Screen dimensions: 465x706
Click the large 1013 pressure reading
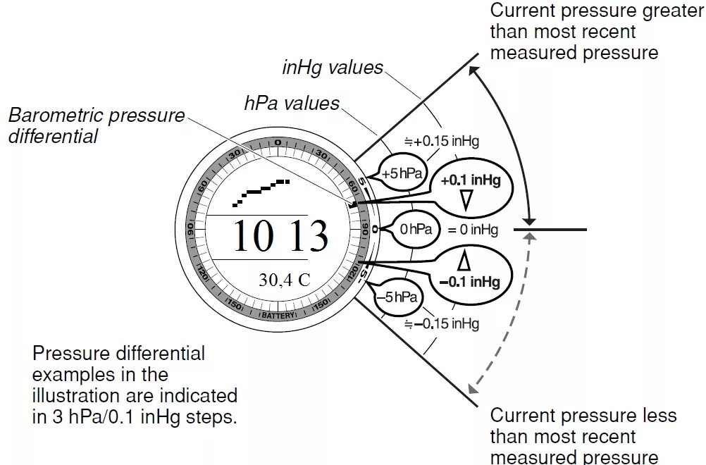[280, 236]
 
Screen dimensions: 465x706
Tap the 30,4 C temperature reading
[284, 280]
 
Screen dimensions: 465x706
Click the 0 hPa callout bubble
[415, 230]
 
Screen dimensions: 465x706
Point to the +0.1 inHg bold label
[471, 181]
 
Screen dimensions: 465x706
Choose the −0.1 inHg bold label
[469, 282]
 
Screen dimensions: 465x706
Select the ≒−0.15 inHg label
[442, 324]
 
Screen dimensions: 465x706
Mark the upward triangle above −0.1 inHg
[464, 261]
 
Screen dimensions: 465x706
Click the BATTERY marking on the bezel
[279, 316]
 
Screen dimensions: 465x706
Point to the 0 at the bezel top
[278, 143]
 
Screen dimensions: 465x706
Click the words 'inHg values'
[333, 68]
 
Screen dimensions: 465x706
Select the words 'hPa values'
[292, 104]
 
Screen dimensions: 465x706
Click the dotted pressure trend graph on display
[261, 191]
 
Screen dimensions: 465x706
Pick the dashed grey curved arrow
[504, 317]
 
